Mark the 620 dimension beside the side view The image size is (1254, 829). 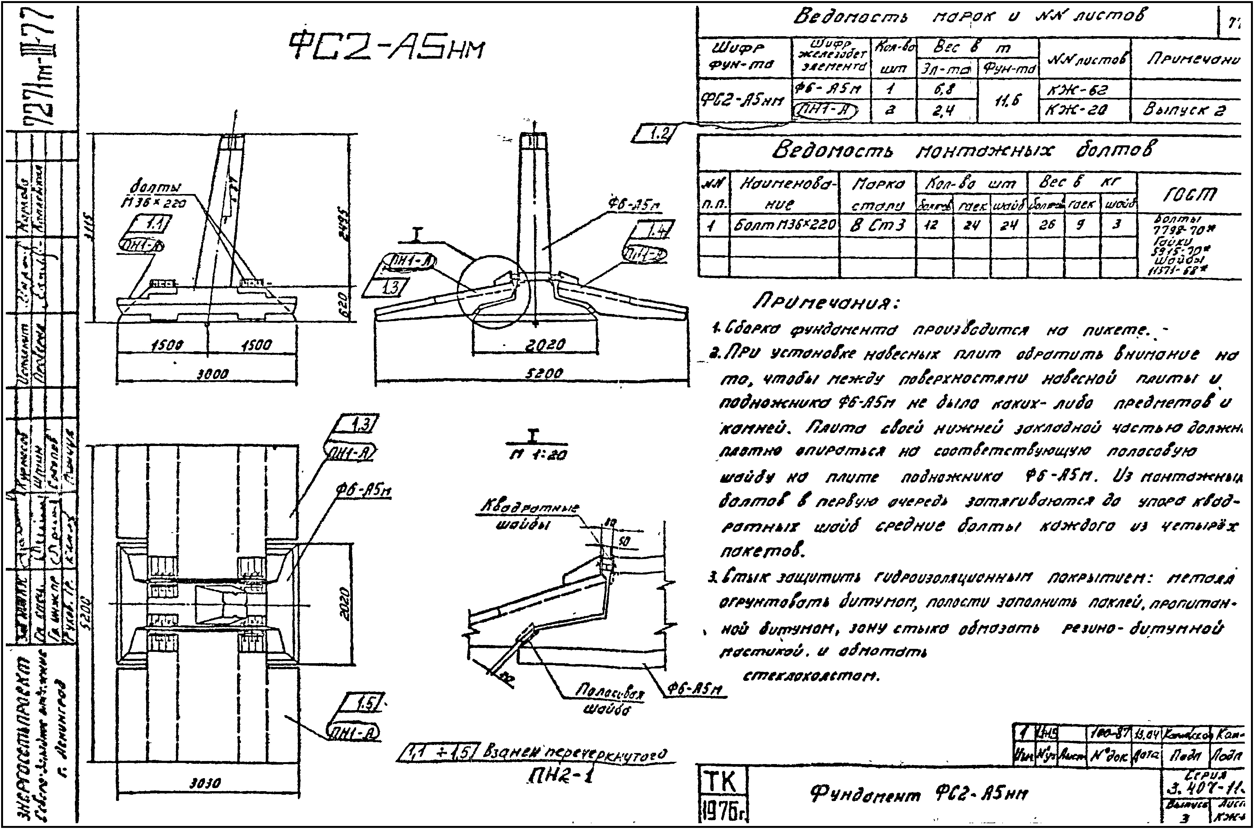[x=342, y=303]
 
